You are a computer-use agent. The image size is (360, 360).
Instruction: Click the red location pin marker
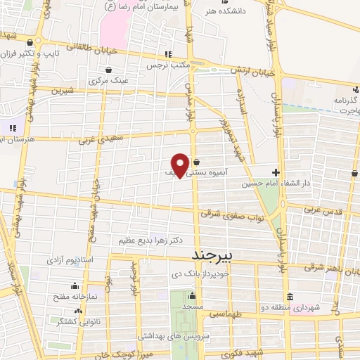coord(181,165)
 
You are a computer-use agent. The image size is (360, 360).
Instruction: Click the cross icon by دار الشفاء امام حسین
coord(276,172)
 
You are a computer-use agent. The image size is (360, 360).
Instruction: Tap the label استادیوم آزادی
coord(70,260)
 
